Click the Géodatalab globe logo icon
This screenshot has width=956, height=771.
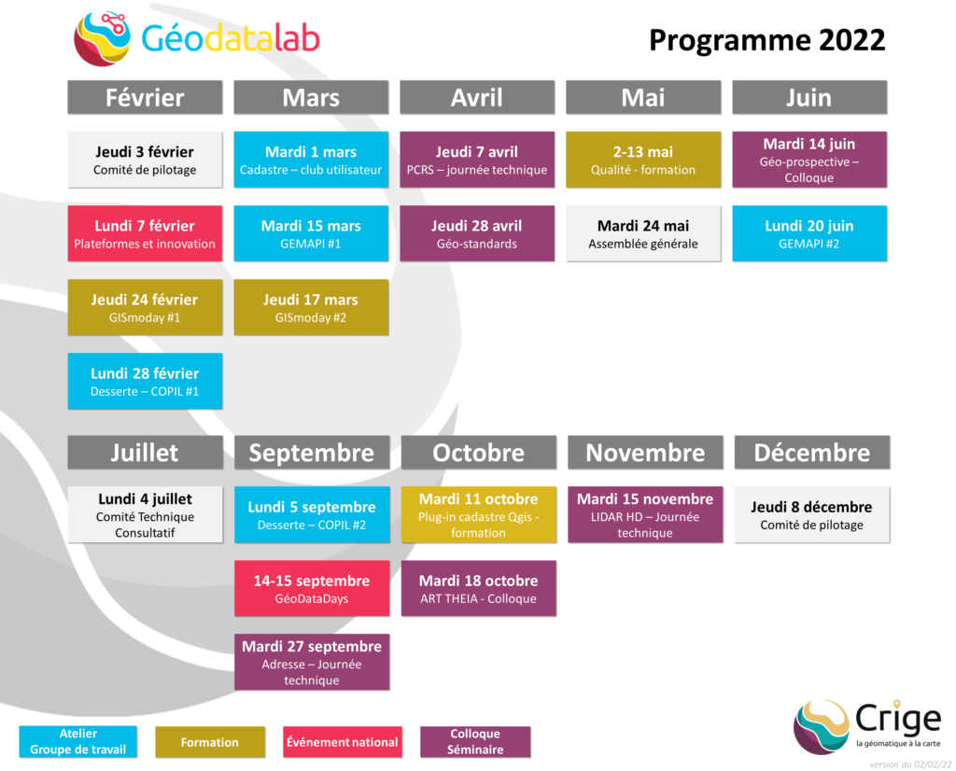click(102, 38)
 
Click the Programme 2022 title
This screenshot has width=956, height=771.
click(766, 40)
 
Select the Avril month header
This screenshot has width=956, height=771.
click(477, 97)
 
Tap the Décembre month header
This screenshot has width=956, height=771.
click(811, 453)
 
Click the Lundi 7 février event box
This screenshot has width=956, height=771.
click(145, 233)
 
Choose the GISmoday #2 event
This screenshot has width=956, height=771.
click(311, 307)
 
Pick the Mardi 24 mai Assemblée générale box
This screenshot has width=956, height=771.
click(643, 233)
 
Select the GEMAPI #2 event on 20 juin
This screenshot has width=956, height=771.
click(809, 233)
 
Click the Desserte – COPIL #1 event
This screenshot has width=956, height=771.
click(145, 381)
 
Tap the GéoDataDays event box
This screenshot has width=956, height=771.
click(312, 588)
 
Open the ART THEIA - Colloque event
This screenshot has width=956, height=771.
click(479, 588)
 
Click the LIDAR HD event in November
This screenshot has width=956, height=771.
click(645, 514)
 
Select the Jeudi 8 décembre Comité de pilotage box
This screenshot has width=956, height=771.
click(811, 514)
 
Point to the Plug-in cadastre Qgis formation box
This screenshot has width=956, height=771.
click(479, 514)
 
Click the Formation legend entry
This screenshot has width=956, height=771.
click(210, 742)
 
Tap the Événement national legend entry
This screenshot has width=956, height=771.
click(342, 742)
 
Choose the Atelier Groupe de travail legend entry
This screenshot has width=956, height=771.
click(78, 742)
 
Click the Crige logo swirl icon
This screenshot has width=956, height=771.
click(822, 726)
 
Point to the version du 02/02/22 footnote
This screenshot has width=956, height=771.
click(910, 764)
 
